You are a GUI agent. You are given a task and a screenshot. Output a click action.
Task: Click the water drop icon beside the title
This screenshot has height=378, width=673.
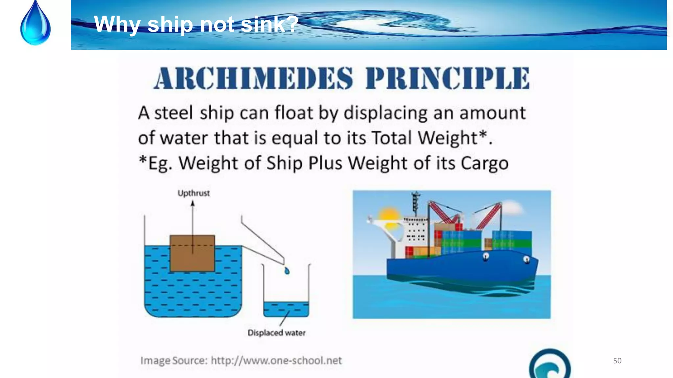click(35, 25)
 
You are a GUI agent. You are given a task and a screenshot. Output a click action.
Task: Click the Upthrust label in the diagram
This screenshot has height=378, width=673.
click(194, 193)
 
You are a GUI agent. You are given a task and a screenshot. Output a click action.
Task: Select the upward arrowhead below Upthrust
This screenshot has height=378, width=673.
click(193, 204)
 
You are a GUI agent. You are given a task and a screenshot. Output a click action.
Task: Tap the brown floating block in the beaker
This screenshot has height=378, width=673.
click(192, 259)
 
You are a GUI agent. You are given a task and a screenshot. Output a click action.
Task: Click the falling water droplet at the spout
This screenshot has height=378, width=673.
click(287, 271)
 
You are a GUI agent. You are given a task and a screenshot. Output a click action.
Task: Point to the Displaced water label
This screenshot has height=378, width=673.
click(276, 333)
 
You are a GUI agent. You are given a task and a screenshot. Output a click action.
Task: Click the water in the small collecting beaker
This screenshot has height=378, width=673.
click(286, 309)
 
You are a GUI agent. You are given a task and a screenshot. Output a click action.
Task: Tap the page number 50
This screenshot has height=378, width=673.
click(617, 361)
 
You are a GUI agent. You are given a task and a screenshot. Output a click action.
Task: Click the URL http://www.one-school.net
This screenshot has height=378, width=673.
click(276, 361)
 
